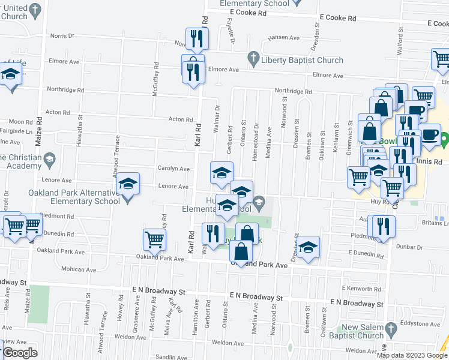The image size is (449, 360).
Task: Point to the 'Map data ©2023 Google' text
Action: (412, 355)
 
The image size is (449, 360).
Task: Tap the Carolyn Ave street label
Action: (173, 169)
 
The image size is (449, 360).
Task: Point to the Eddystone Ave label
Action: (424, 323)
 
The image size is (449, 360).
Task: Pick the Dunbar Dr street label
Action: (410, 246)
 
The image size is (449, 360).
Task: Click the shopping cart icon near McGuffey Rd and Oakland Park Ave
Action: (154, 239)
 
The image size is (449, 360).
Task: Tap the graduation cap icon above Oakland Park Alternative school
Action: (128, 184)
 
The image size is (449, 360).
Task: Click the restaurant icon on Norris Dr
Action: (196, 39)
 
